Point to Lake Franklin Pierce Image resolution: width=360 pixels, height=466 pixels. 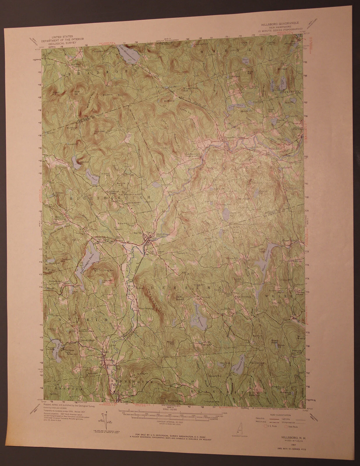[89, 256]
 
